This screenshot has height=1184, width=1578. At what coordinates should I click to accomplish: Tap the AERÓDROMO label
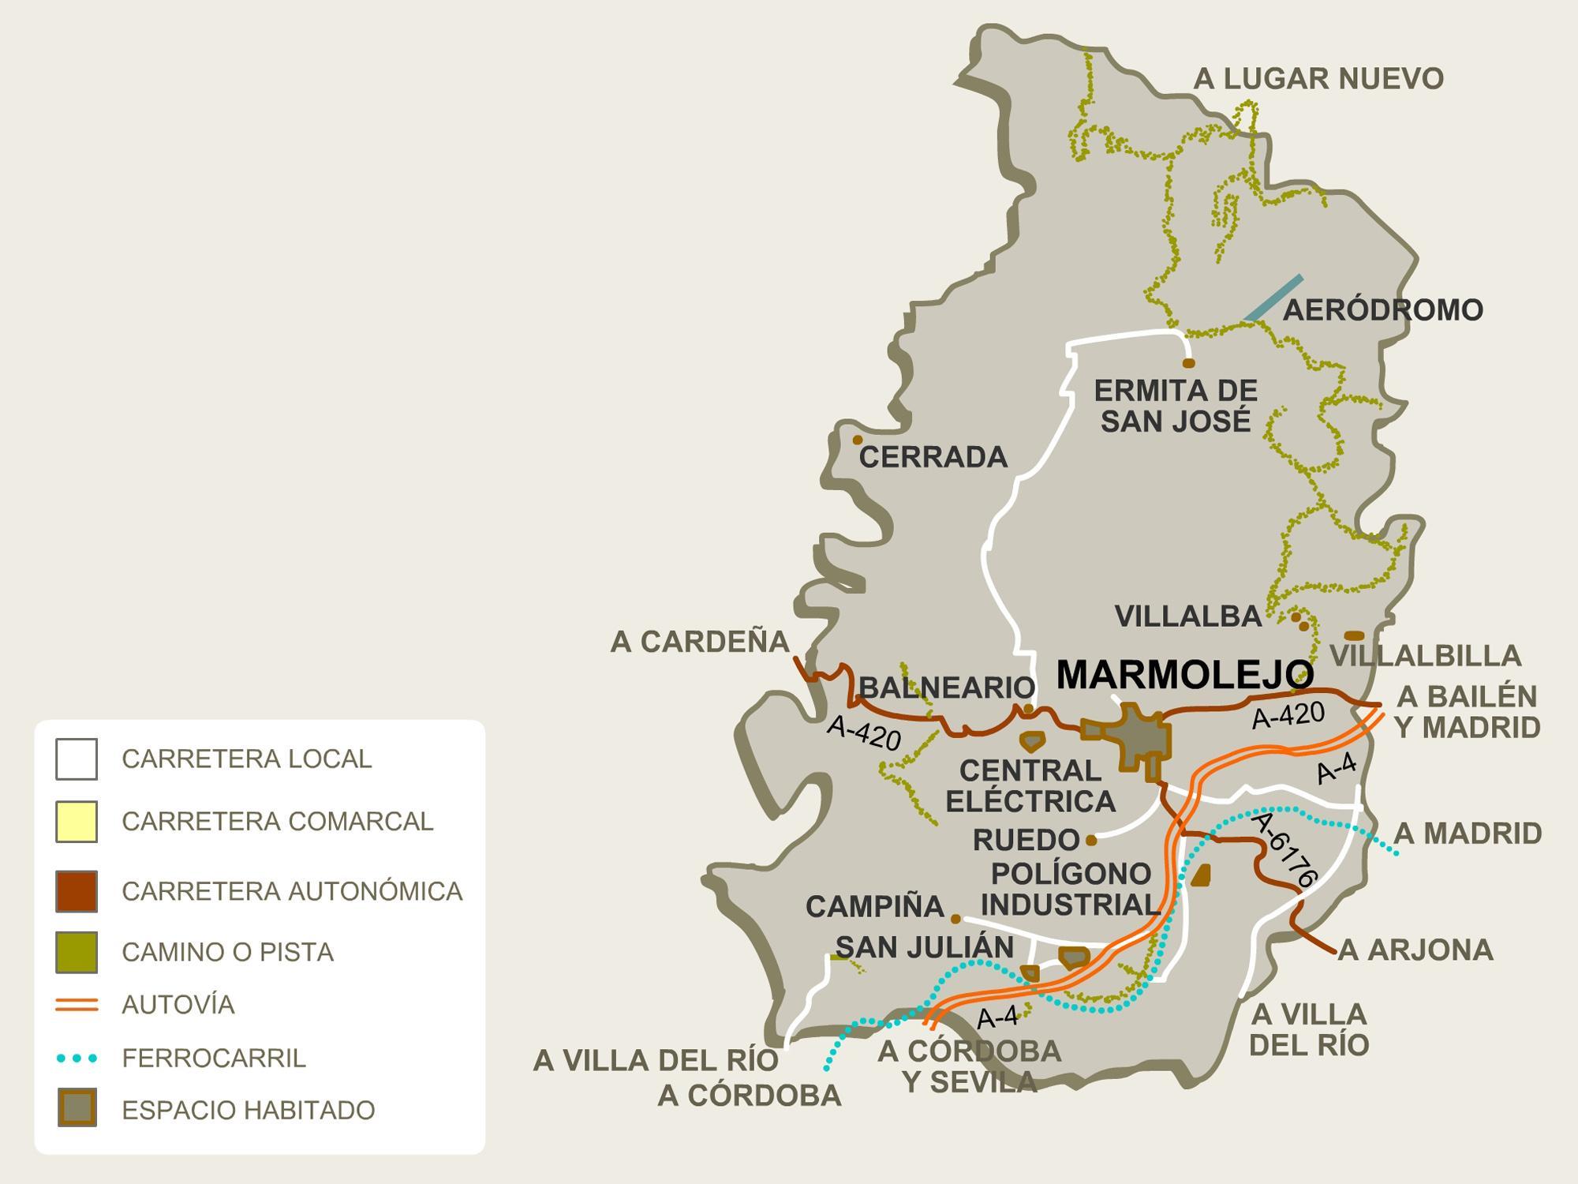(1382, 310)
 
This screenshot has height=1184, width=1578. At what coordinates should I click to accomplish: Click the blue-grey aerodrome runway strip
(1274, 298)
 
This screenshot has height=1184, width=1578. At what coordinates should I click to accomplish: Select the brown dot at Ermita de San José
(1188, 363)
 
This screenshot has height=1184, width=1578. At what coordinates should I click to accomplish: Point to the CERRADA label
(933, 457)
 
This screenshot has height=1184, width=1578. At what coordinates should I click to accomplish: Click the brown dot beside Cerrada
(858, 440)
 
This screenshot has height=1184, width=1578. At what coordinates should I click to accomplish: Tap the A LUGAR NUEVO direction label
(1318, 79)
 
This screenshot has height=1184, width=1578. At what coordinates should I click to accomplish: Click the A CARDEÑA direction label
(700, 642)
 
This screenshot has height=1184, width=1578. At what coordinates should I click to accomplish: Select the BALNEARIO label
(946, 688)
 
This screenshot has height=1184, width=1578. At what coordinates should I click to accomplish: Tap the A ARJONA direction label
(1415, 950)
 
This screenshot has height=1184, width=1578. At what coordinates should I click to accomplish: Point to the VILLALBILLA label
(1425, 656)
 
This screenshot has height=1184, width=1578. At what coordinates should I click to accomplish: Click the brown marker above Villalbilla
(1354, 635)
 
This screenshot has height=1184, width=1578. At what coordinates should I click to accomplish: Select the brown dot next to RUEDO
(1091, 840)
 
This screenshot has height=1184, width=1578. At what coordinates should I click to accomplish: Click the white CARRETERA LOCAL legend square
(77, 759)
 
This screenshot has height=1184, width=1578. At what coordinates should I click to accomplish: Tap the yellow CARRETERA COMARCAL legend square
(77, 821)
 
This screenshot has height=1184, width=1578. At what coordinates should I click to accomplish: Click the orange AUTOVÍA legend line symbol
(77, 1005)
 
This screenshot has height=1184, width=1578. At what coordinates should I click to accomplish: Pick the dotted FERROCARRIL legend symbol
(77, 1058)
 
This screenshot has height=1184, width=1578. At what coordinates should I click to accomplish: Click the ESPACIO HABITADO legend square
(77, 1107)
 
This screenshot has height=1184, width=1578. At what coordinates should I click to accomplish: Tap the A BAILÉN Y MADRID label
(1467, 712)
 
